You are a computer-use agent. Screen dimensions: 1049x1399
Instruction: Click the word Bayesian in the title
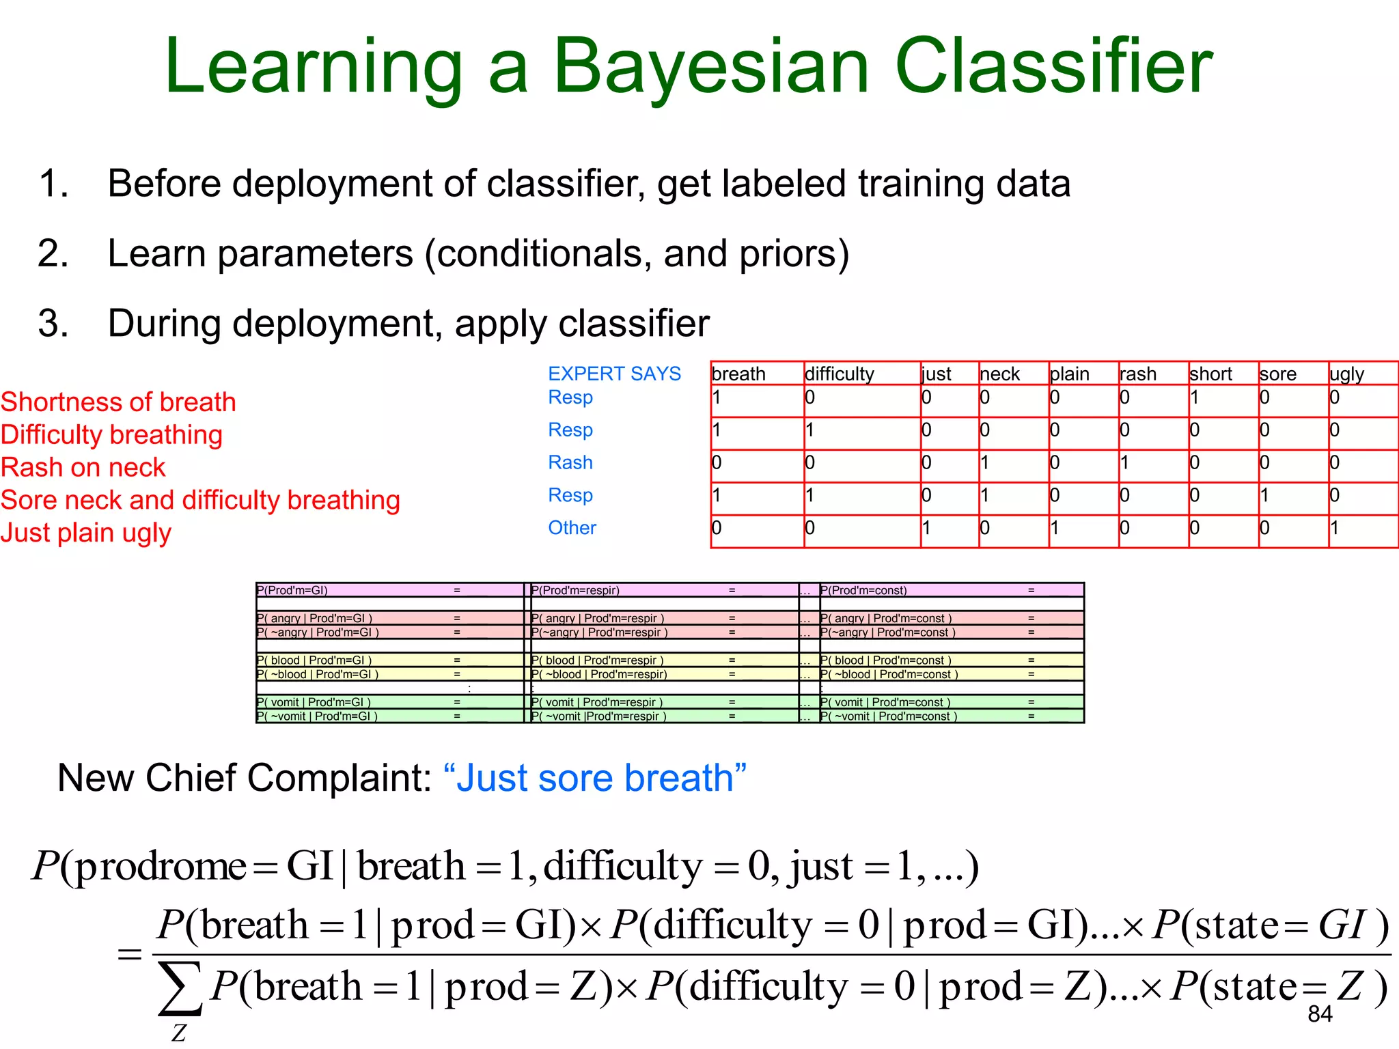click(x=710, y=67)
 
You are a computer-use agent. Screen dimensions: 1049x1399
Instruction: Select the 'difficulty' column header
click(x=840, y=374)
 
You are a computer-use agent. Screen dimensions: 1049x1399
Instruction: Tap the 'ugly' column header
click(x=1346, y=374)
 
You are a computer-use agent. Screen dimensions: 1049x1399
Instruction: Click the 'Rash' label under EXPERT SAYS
click(x=570, y=462)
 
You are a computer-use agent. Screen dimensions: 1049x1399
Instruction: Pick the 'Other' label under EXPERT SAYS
click(x=572, y=528)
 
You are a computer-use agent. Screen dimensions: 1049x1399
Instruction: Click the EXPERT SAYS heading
click(x=614, y=374)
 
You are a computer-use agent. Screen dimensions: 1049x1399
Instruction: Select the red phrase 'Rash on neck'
click(x=83, y=467)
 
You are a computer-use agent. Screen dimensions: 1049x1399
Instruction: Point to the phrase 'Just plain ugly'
click(x=85, y=533)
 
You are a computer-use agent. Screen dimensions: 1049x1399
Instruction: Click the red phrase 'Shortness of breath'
click(x=118, y=402)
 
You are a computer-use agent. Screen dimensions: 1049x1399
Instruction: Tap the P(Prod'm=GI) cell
click(x=292, y=590)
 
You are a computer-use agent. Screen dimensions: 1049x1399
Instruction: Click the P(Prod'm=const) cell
click(x=863, y=590)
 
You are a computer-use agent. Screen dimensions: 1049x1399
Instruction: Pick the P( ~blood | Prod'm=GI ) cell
click(x=318, y=674)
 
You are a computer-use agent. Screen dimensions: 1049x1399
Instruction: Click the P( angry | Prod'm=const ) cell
click(x=886, y=618)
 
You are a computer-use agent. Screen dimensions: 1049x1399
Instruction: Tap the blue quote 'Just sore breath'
click(x=594, y=778)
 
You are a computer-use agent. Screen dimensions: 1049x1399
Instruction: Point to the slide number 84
click(x=1320, y=1014)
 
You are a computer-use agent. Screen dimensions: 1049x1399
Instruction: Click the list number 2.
click(x=53, y=253)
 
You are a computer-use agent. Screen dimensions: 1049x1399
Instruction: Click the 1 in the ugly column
click(x=1334, y=528)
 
